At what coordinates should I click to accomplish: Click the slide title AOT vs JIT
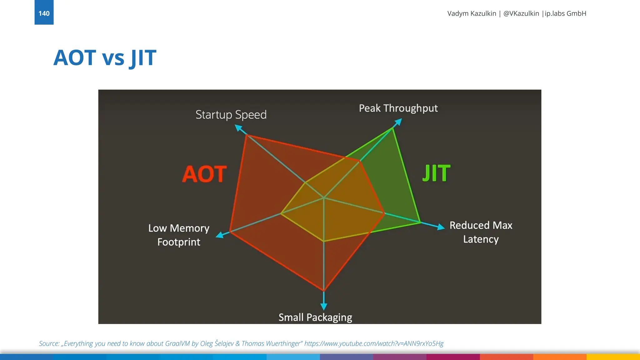105,58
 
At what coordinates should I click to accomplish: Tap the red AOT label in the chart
204,174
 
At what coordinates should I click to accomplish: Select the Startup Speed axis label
231,115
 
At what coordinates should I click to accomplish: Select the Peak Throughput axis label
398,108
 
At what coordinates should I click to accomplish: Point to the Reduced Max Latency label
481,232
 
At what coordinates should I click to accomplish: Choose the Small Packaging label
315,317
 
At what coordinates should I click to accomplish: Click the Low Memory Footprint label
179,235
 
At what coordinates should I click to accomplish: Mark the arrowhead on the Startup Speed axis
238,128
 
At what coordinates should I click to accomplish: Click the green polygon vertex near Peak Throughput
393,128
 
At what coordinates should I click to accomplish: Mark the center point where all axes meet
324,198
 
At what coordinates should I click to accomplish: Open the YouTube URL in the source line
374,343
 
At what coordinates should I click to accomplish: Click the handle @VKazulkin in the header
521,13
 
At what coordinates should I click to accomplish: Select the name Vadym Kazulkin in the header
472,13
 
